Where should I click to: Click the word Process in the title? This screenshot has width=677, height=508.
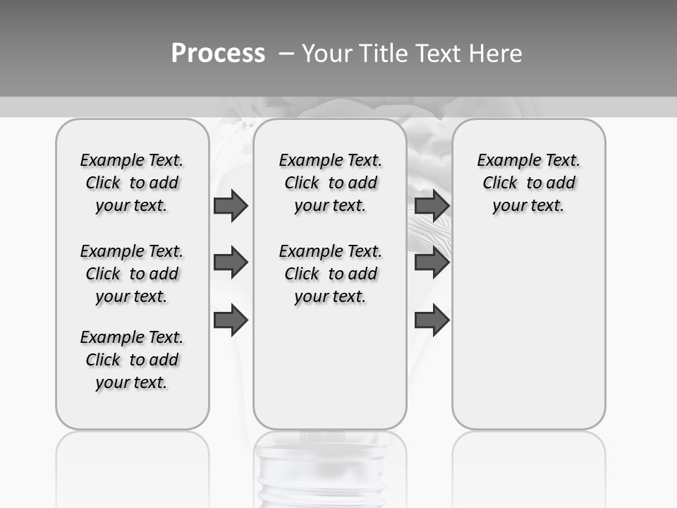point(218,54)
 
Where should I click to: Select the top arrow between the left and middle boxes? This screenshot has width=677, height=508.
point(231,206)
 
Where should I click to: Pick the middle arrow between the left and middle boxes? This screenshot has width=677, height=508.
point(231,262)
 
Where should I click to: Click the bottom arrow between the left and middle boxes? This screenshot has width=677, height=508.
point(231,320)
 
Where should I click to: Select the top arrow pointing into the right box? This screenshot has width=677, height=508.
point(432,206)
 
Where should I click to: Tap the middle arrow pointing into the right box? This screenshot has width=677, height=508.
point(432,262)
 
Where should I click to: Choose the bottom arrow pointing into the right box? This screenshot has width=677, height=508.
point(432,320)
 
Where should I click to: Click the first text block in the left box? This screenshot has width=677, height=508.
point(132,183)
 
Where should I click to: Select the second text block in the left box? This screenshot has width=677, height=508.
point(132,274)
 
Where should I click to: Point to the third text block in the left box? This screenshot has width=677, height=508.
point(132,360)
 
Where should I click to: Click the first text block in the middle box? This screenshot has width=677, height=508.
point(330,183)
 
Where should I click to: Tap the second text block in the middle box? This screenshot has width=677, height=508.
point(330,274)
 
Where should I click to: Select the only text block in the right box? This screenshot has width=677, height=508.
point(528,183)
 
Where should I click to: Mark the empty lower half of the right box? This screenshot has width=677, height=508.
point(528,332)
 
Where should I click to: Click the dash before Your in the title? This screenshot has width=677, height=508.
point(286,54)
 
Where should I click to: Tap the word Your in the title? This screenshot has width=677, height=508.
point(327,54)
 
